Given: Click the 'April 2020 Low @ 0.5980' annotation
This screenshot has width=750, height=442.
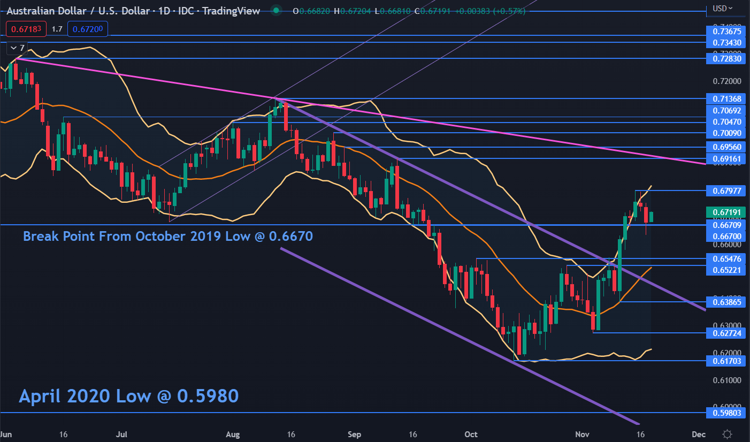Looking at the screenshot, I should (128, 396).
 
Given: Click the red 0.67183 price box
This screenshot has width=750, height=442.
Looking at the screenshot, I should (26, 29).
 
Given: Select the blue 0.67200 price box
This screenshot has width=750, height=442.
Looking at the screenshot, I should (88, 29).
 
